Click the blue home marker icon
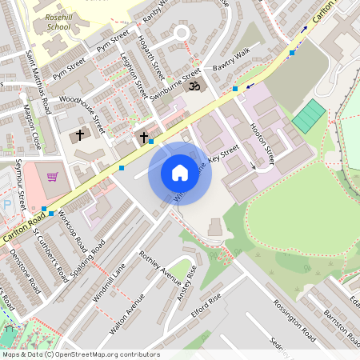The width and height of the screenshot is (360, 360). [180, 173]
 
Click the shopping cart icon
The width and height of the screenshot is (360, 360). [53, 177]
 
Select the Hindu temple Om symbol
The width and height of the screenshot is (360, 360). [193, 83]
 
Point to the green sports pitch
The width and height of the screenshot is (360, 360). [308, 117]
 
